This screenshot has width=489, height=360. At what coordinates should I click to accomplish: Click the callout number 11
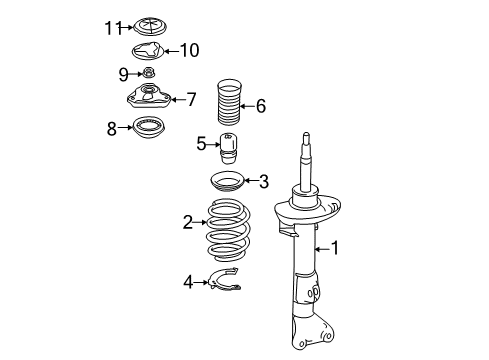[x=113, y=28]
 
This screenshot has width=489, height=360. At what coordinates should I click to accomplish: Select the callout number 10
[x=190, y=50]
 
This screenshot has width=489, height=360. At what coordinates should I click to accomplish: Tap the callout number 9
[x=123, y=74]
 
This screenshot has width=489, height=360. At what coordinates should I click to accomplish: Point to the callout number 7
[x=191, y=99]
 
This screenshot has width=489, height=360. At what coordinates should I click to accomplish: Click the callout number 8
[x=112, y=128]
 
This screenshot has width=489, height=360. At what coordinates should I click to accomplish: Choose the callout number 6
[x=261, y=106]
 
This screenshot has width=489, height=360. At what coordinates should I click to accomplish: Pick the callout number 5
[x=201, y=144]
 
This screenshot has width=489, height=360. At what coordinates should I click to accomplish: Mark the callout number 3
[x=264, y=182]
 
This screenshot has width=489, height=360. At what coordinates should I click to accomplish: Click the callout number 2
[x=188, y=222]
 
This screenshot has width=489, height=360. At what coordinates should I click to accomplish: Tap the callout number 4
[x=188, y=282]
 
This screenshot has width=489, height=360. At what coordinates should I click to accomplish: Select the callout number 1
[x=334, y=248]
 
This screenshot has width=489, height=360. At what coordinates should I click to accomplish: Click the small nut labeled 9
[x=148, y=72]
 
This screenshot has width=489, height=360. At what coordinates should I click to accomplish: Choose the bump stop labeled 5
[x=228, y=148]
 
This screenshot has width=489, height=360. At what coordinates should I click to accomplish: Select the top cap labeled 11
[x=150, y=27]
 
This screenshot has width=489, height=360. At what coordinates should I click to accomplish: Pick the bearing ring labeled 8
[x=149, y=128]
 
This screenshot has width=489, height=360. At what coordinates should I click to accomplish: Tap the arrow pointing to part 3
[x=251, y=181]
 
